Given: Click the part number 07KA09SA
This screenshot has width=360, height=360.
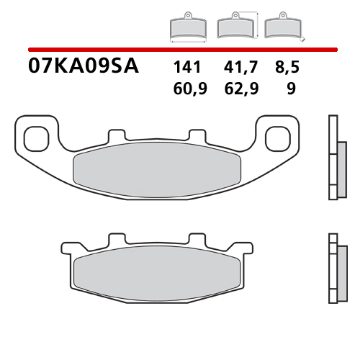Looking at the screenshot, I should tap(84, 68).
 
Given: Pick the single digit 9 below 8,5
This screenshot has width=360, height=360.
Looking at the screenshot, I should tap(291, 89).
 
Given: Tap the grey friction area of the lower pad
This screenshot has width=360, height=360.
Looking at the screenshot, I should tap(158, 273).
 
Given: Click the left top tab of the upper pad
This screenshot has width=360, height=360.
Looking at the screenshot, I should tap(117, 135).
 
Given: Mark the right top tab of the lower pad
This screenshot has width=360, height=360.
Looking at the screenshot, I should tap(198, 240).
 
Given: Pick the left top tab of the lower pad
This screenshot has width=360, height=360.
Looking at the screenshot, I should tap(117, 240).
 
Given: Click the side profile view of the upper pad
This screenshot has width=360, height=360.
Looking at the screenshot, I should tap(333, 157).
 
